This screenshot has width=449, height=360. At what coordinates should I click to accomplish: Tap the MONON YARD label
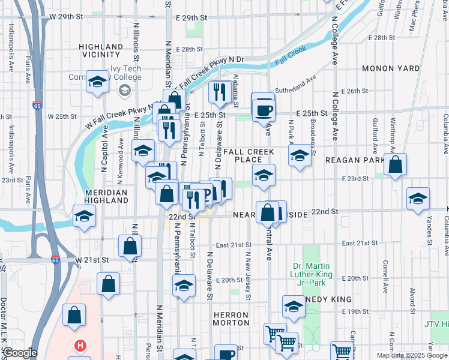point(391,68)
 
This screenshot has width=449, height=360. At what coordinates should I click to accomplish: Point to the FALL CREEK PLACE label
point(248,155)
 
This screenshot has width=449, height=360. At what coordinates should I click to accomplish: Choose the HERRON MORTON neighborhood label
point(231,319)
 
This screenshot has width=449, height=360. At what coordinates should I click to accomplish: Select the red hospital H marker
point(79,346)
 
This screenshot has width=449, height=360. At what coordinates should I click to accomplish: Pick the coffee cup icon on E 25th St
point(264,110)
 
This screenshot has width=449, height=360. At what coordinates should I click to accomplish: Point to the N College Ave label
point(335,42)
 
